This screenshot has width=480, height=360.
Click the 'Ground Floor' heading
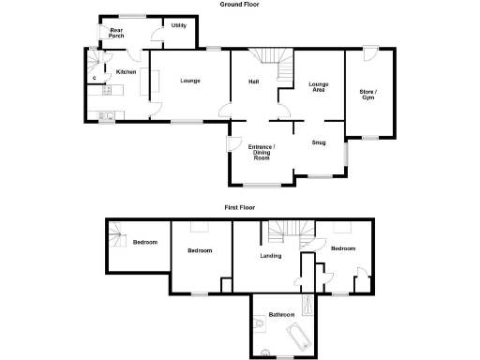[x=240, y=5]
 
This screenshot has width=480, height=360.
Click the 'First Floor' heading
[x=240, y=206]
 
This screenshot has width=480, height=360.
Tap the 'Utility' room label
[x=178, y=25]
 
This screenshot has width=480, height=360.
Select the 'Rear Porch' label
[x=116, y=33]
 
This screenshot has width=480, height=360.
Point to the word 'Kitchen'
[x=127, y=72]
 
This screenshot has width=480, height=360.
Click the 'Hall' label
[x=254, y=82]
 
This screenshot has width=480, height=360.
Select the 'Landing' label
[x=271, y=254]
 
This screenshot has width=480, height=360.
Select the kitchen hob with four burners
[x=110, y=90]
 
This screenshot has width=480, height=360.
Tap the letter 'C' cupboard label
[x=97, y=78]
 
